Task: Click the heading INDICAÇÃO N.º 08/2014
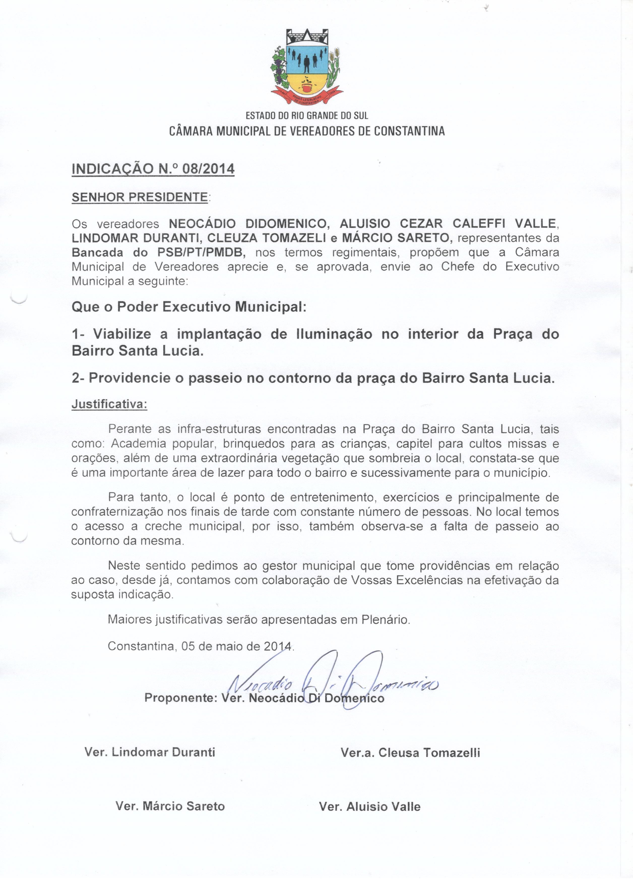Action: click(153, 169)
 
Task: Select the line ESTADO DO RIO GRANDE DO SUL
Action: click(307, 116)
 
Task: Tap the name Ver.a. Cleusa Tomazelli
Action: click(410, 752)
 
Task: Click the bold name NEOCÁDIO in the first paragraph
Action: click(202, 224)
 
